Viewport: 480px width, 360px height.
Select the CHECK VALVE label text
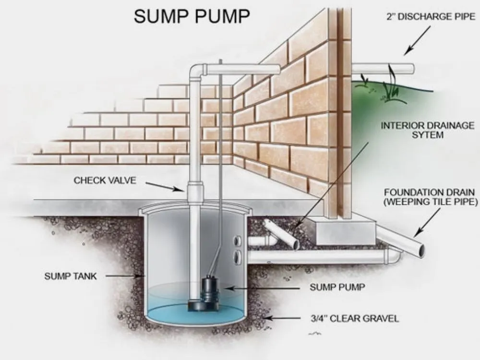105,180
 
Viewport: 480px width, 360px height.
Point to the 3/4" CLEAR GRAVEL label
354,318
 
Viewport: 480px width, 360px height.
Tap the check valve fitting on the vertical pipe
195,194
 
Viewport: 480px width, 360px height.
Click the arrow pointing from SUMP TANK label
124,276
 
